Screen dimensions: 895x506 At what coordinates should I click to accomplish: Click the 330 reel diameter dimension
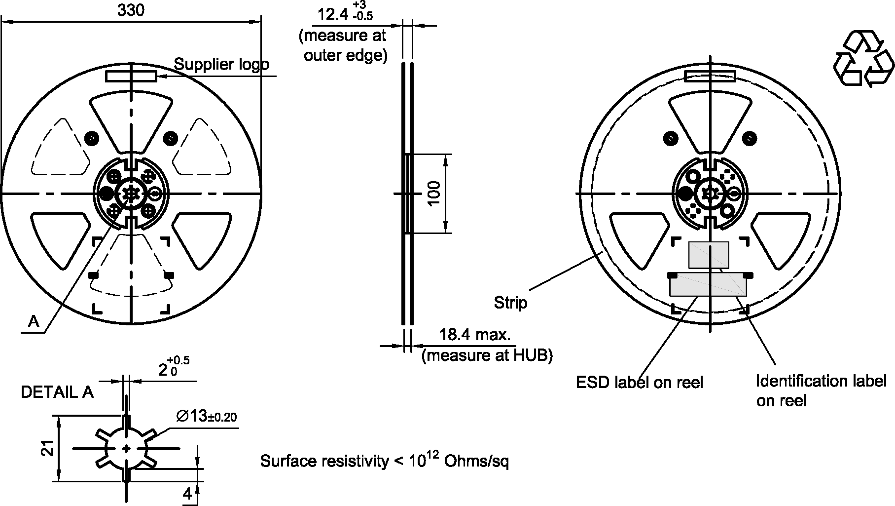(x=131, y=10)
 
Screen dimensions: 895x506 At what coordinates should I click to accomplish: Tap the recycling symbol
(x=863, y=59)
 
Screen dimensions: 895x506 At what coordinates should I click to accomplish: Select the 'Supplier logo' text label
(x=222, y=64)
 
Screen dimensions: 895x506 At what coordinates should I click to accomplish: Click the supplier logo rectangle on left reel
(x=131, y=76)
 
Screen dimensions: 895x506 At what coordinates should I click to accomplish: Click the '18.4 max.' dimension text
(x=475, y=335)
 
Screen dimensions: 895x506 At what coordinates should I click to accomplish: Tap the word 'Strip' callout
(x=510, y=303)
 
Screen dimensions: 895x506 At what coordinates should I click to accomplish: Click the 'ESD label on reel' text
(x=640, y=382)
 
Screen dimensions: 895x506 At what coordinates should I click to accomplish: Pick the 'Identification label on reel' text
(x=821, y=390)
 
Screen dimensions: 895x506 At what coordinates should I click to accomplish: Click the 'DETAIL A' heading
(x=57, y=392)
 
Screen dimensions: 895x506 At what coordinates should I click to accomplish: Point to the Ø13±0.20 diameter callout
(x=206, y=417)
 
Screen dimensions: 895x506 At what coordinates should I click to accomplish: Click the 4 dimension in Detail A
(x=188, y=494)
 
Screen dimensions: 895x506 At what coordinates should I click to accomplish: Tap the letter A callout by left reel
(x=34, y=322)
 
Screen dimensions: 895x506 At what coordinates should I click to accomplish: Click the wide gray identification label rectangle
(x=708, y=285)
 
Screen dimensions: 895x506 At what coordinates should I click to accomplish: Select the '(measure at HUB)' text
(x=487, y=355)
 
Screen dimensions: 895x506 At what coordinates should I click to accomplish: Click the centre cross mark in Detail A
(x=126, y=448)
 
